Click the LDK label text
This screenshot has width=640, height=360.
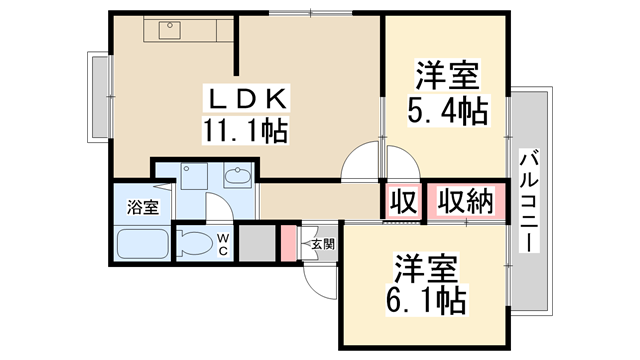click(248, 99)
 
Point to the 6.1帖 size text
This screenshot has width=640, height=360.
click(426, 297)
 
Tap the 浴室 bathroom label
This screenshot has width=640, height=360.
click(142, 208)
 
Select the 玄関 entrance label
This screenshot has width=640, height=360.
click(321, 243)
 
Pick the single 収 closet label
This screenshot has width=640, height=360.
click(402, 202)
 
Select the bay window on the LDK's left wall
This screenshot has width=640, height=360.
click(101, 97)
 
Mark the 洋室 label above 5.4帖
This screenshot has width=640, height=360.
click(446, 76)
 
